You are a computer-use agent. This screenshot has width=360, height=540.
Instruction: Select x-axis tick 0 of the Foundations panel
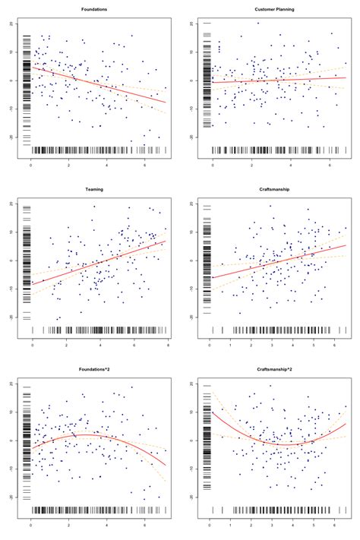30,164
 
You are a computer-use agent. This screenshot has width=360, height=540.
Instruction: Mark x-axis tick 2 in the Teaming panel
67,346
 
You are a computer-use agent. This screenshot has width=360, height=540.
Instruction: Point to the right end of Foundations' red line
165,102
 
